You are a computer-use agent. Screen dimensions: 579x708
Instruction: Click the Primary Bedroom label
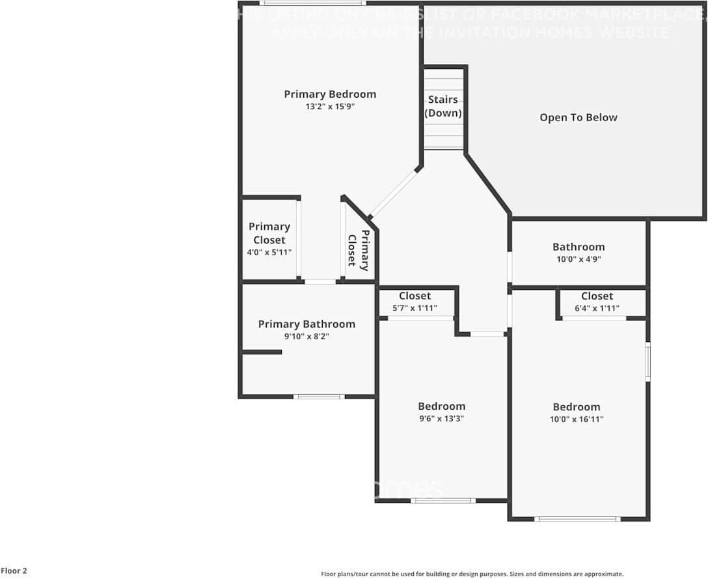pyautogui.click(x=330, y=94)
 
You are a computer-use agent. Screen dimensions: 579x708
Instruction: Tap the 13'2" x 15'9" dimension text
pyautogui.click(x=330, y=107)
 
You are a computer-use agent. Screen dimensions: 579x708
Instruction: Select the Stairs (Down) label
pyautogui.click(x=443, y=106)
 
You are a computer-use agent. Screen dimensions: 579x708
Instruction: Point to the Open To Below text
pyautogui.click(x=579, y=118)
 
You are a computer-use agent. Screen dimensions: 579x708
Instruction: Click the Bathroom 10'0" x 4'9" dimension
pyautogui.click(x=579, y=259)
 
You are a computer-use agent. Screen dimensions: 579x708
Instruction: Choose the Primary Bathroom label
pyautogui.click(x=306, y=324)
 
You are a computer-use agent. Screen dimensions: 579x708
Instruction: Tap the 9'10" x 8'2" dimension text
pyautogui.click(x=306, y=337)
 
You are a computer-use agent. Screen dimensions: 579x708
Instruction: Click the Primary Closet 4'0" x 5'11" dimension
pyautogui.click(x=269, y=252)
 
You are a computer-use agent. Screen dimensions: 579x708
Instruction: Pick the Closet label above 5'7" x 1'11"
pyautogui.click(x=415, y=296)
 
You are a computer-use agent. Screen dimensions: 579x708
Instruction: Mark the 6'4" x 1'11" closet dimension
pyautogui.click(x=597, y=309)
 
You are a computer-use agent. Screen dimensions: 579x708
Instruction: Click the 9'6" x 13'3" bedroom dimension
pyautogui.click(x=441, y=419)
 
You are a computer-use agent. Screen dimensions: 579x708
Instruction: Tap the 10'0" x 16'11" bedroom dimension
pyautogui.click(x=577, y=419)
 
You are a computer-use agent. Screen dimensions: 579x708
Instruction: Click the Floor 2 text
pyautogui.click(x=14, y=571)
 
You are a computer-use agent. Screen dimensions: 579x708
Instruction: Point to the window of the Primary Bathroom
pyautogui.click(x=318, y=396)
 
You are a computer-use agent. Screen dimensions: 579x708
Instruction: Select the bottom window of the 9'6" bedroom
pyautogui.click(x=443, y=500)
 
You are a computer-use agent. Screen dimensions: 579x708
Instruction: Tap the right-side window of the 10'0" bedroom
pyautogui.click(x=647, y=361)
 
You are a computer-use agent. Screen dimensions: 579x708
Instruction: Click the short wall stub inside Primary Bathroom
pyautogui.click(x=262, y=352)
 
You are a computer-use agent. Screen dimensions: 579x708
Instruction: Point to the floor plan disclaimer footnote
pyautogui.click(x=472, y=574)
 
